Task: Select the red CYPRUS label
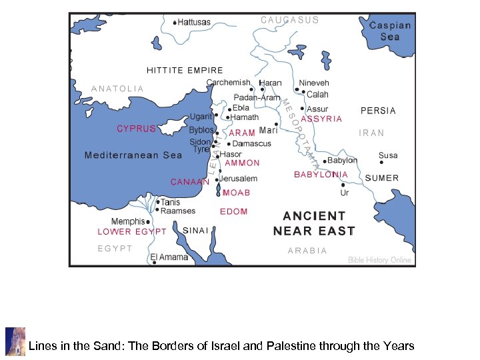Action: (136, 129)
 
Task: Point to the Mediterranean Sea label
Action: (133, 155)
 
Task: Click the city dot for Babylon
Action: (325, 161)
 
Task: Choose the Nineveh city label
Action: (313, 83)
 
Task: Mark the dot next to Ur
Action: (343, 185)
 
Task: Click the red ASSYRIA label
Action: (321, 119)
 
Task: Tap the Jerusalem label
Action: (239, 179)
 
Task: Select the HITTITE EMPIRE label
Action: (185, 70)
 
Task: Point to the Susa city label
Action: (387, 155)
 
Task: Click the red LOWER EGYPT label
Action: (132, 232)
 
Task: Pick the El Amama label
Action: (169, 257)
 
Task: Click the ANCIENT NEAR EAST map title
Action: (314, 223)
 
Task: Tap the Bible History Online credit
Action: (379, 260)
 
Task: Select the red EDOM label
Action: (234, 211)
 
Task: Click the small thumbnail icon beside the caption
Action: (15, 341)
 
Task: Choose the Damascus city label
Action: (252, 143)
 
